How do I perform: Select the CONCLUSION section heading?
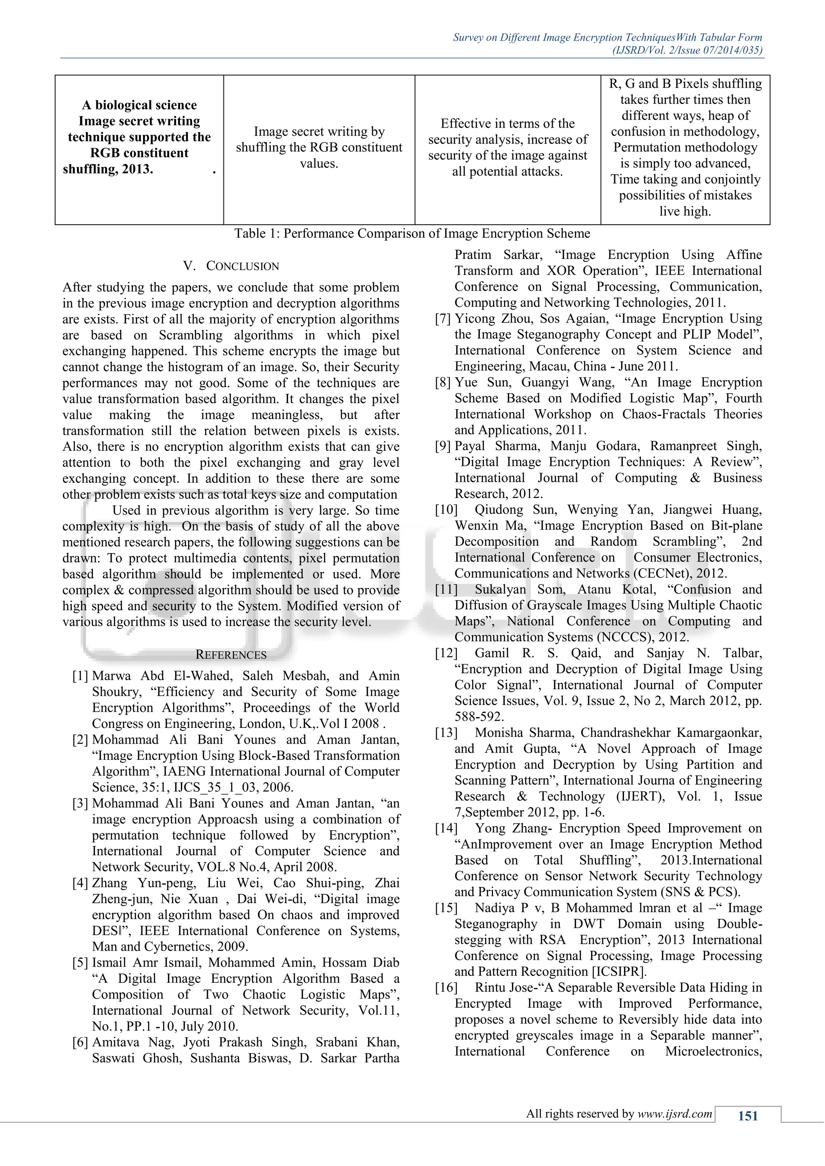pyautogui.click(x=231, y=266)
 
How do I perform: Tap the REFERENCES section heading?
pyautogui.click(x=231, y=655)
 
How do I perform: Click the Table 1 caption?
pyautogui.click(x=412, y=234)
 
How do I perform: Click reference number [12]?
pyautogui.click(x=446, y=653)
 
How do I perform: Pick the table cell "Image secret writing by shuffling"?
pyautogui.click(x=319, y=147)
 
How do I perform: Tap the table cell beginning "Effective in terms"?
pyautogui.click(x=508, y=147)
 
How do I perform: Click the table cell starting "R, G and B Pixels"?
pyautogui.click(x=685, y=147)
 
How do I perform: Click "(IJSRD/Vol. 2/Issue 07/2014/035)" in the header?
pyautogui.click(x=687, y=50)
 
